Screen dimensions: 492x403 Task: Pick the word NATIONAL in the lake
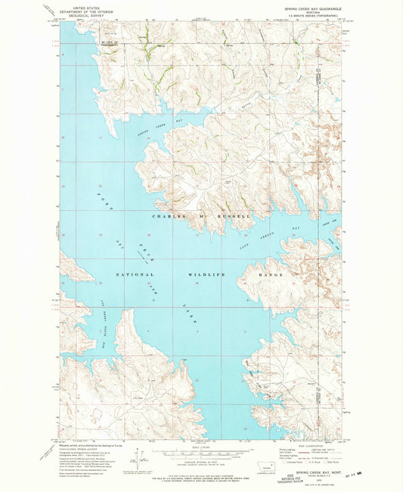[135, 274]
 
